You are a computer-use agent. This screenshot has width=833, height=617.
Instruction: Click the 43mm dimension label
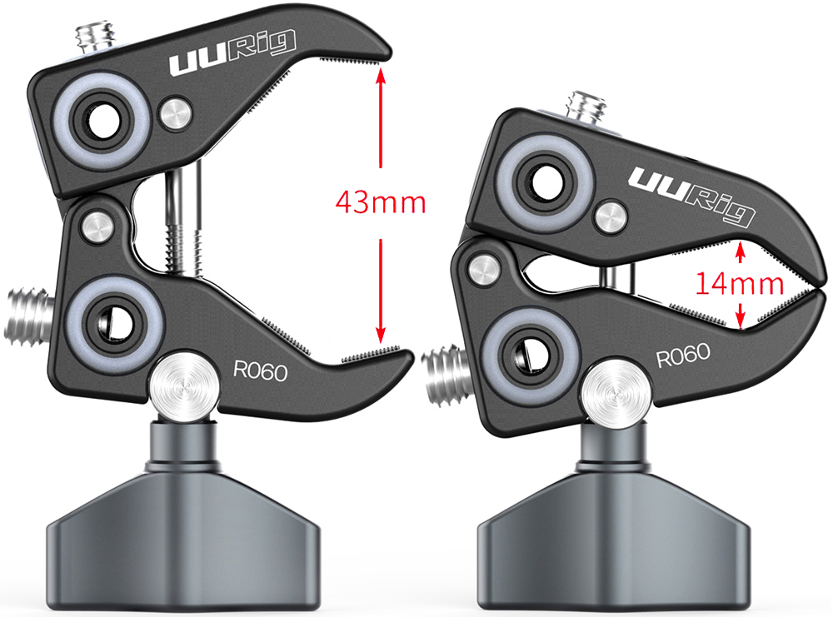click(x=381, y=202)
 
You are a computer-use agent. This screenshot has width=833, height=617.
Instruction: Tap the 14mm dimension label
click(x=739, y=284)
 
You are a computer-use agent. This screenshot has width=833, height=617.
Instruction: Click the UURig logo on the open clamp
click(x=232, y=52)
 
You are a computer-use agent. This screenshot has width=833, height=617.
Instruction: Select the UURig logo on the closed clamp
click(x=691, y=195)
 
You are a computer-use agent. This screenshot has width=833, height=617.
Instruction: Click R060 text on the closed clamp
click(x=683, y=356)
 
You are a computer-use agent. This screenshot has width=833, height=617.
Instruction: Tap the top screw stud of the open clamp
click(x=96, y=39)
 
